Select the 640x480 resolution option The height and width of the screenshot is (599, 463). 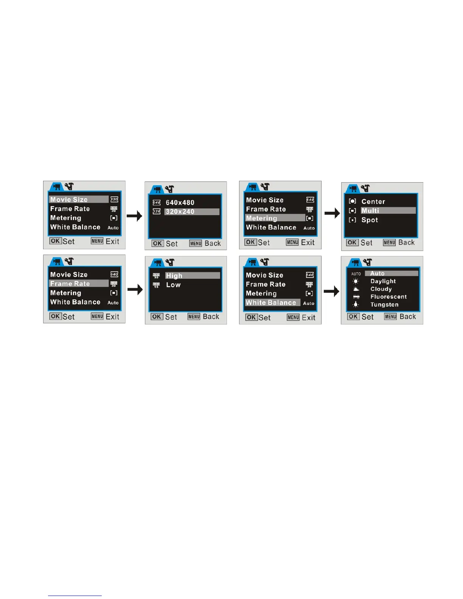(x=180, y=203)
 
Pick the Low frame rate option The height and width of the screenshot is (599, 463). (x=173, y=285)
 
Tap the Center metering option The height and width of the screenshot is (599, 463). (x=373, y=202)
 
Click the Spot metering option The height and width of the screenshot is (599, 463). (x=370, y=220)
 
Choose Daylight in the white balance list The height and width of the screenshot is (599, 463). (x=383, y=281)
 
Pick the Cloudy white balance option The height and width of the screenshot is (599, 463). (x=381, y=289)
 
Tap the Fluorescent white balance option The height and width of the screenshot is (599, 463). (x=388, y=297)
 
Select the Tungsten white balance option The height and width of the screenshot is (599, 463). (x=384, y=305)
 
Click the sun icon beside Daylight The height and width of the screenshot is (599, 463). (x=356, y=281)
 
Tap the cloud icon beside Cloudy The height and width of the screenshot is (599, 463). (x=356, y=289)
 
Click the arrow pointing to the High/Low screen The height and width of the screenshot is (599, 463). (x=135, y=290)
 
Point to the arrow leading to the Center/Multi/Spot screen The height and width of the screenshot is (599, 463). (x=332, y=214)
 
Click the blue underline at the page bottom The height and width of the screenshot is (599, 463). (x=75, y=596)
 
